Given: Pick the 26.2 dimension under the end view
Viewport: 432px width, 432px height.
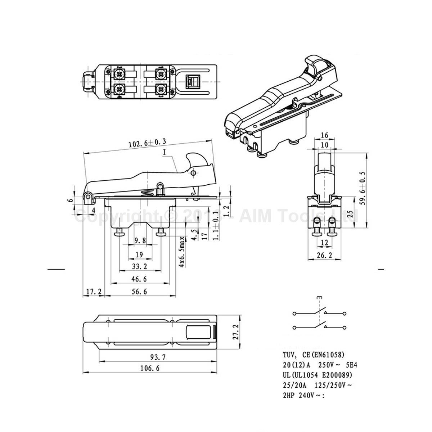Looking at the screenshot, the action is point(324,255).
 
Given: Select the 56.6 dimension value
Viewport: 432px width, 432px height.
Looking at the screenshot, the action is point(139,292).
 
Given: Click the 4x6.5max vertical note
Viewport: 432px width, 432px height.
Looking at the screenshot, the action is point(183,252).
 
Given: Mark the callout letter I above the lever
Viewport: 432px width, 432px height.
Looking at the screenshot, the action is point(165,152).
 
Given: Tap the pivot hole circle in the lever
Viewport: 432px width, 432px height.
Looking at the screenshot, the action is point(194,174).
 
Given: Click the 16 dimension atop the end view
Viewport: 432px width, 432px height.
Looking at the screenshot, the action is point(324,135).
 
